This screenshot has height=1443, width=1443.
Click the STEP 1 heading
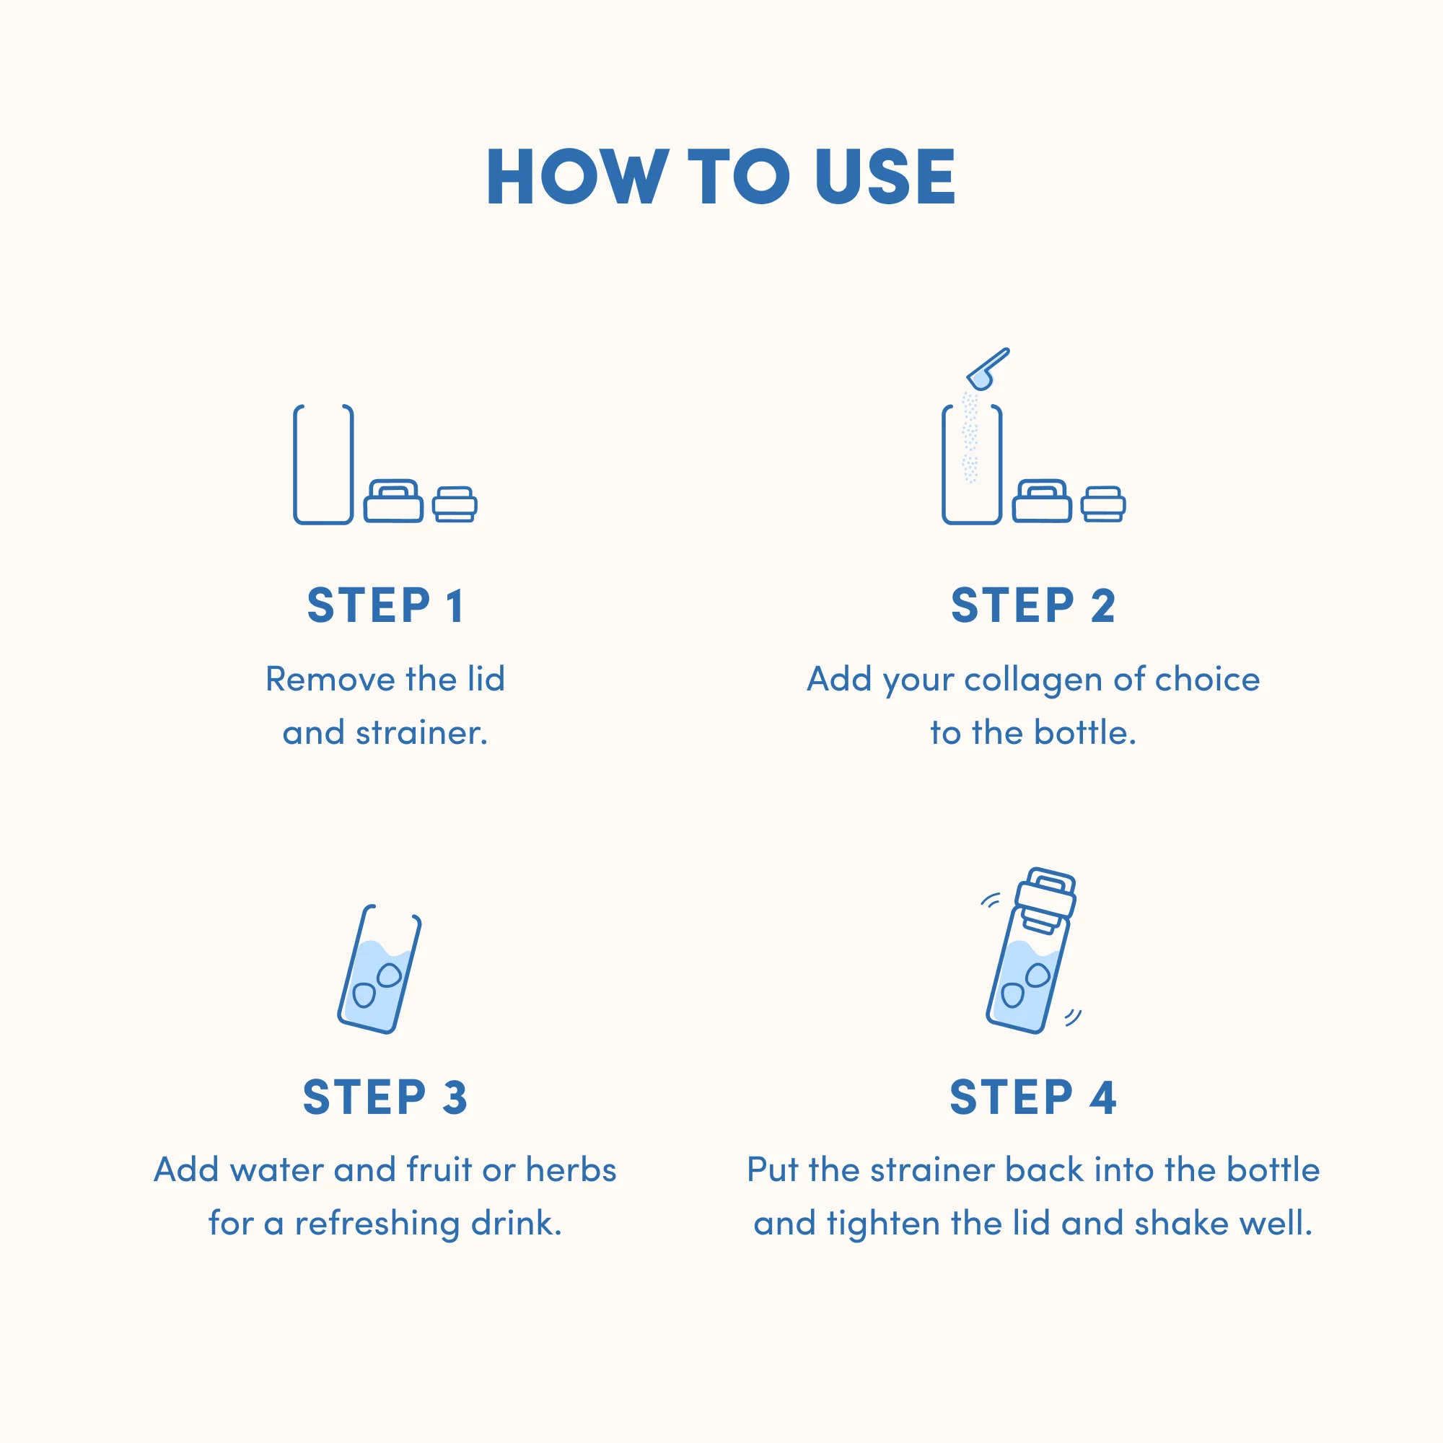click(x=385, y=605)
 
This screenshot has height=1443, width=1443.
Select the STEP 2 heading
click(x=1033, y=605)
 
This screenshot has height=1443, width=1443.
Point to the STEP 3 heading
click(x=385, y=1097)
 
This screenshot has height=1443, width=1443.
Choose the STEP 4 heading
click(x=1033, y=1097)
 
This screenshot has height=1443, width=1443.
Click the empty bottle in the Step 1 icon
click(x=323, y=465)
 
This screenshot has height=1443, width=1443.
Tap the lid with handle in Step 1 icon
click(x=394, y=501)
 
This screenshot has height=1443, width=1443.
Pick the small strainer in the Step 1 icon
click(x=455, y=504)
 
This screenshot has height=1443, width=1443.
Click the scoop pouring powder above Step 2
click(x=988, y=369)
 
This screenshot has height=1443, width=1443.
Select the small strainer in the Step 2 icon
click(x=1103, y=504)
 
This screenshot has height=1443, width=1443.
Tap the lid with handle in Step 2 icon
click(x=1042, y=501)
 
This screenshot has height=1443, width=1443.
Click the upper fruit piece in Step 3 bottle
click(x=389, y=975)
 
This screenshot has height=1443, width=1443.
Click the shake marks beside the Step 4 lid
click(x=991, y=900)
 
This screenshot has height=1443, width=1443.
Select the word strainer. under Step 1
click(x=422, y=734)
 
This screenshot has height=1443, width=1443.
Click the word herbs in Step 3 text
click(x=571, y=1170)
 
